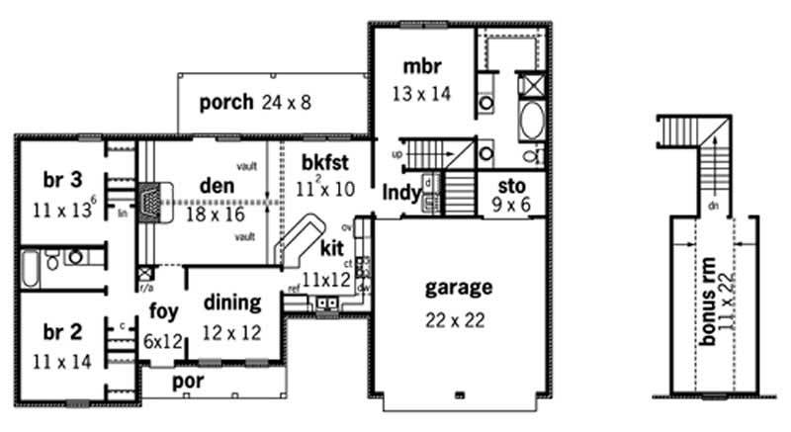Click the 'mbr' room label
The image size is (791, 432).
click(420, 67)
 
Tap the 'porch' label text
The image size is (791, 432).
click(227, 102)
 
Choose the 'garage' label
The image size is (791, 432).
click(458, 288)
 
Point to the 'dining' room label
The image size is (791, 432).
click(231, 302)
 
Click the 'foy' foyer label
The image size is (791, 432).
click(163, 311)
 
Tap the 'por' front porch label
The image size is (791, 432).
click(186, 381)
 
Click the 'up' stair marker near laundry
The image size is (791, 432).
click(397, 156)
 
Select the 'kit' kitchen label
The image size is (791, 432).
click(332, 248)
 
